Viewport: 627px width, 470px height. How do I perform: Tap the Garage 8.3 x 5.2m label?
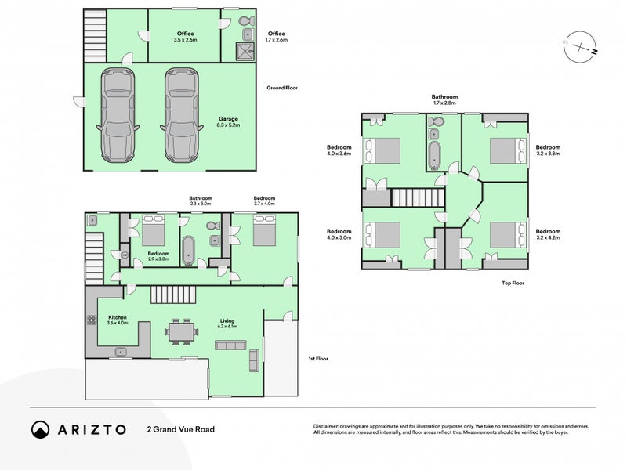click(228, 121)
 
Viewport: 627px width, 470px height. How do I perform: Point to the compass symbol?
click(581, 47)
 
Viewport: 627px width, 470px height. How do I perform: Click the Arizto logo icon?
click(40, 429)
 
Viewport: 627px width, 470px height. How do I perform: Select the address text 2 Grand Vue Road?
click(180, 429)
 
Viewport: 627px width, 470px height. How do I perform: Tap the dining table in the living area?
click(181, 333)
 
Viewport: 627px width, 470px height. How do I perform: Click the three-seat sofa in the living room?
click(230, 345)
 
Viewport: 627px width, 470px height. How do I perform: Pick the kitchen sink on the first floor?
click(121, 352)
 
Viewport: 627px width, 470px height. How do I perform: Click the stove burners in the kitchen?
click(90, 324)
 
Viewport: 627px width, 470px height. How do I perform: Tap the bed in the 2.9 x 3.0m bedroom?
click(153, 231)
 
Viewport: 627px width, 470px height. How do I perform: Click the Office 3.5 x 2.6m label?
click(185, 37)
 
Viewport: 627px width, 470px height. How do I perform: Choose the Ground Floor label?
click(282, 88)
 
